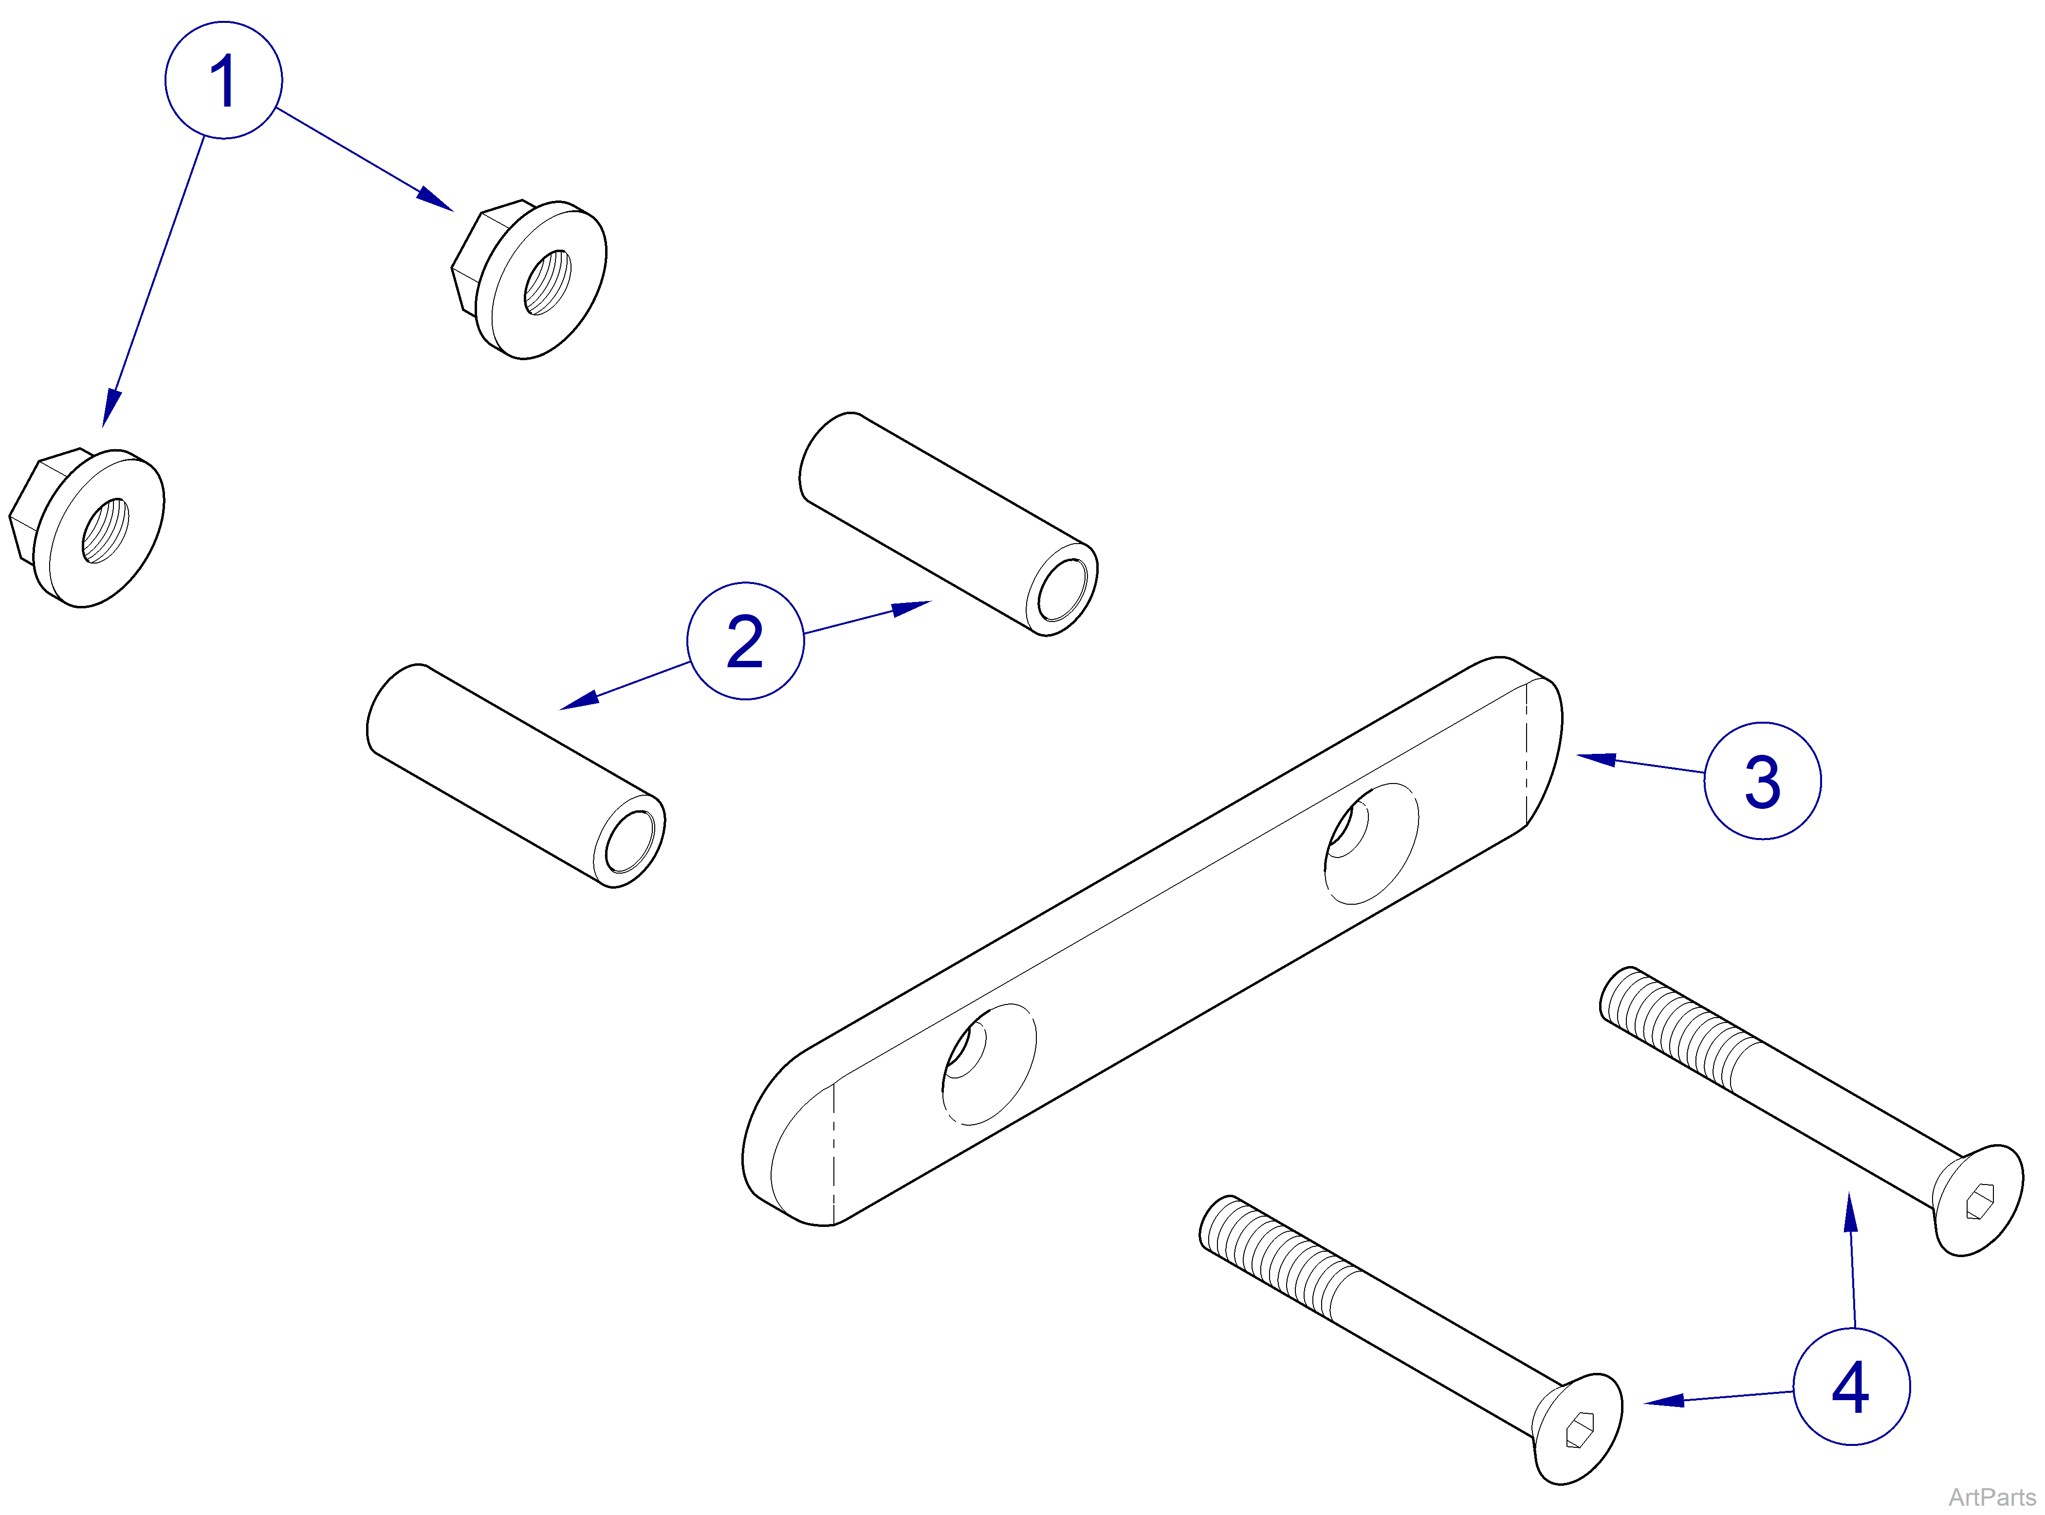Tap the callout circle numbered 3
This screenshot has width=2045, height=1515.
point(1762,781)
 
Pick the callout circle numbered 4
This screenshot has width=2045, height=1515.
point(1851,1387)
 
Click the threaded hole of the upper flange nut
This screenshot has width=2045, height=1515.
point(548,282)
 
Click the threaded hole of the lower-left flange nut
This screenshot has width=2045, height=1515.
point(106,530)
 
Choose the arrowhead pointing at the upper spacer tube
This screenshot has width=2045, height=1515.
point(912,607)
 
